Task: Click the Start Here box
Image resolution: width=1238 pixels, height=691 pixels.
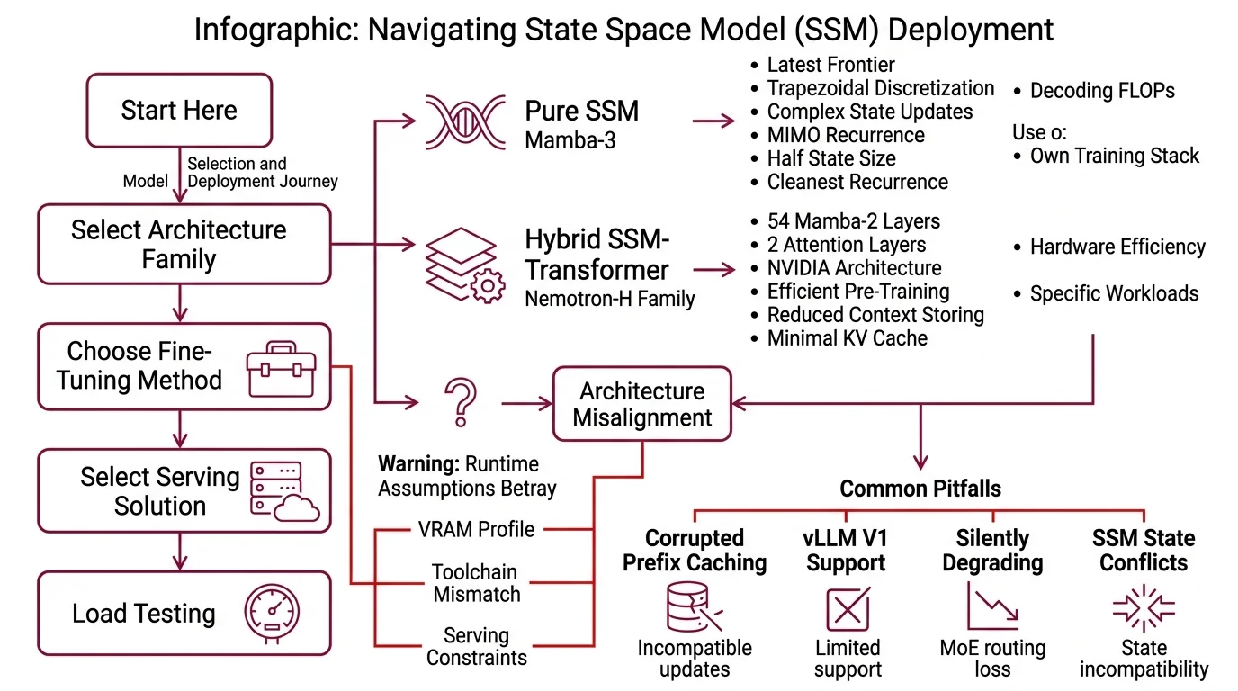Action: (179, 111)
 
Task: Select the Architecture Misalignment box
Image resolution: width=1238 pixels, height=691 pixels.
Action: (641, 404)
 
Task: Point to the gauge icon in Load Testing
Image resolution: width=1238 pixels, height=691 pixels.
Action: (272, 614)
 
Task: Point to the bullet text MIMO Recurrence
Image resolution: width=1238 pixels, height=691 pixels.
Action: (845, 136)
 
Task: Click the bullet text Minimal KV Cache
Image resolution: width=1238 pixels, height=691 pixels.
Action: (847, 338)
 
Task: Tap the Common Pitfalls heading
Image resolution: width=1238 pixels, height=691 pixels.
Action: (920, 489)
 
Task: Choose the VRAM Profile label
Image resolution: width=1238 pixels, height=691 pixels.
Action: (476, 529)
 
